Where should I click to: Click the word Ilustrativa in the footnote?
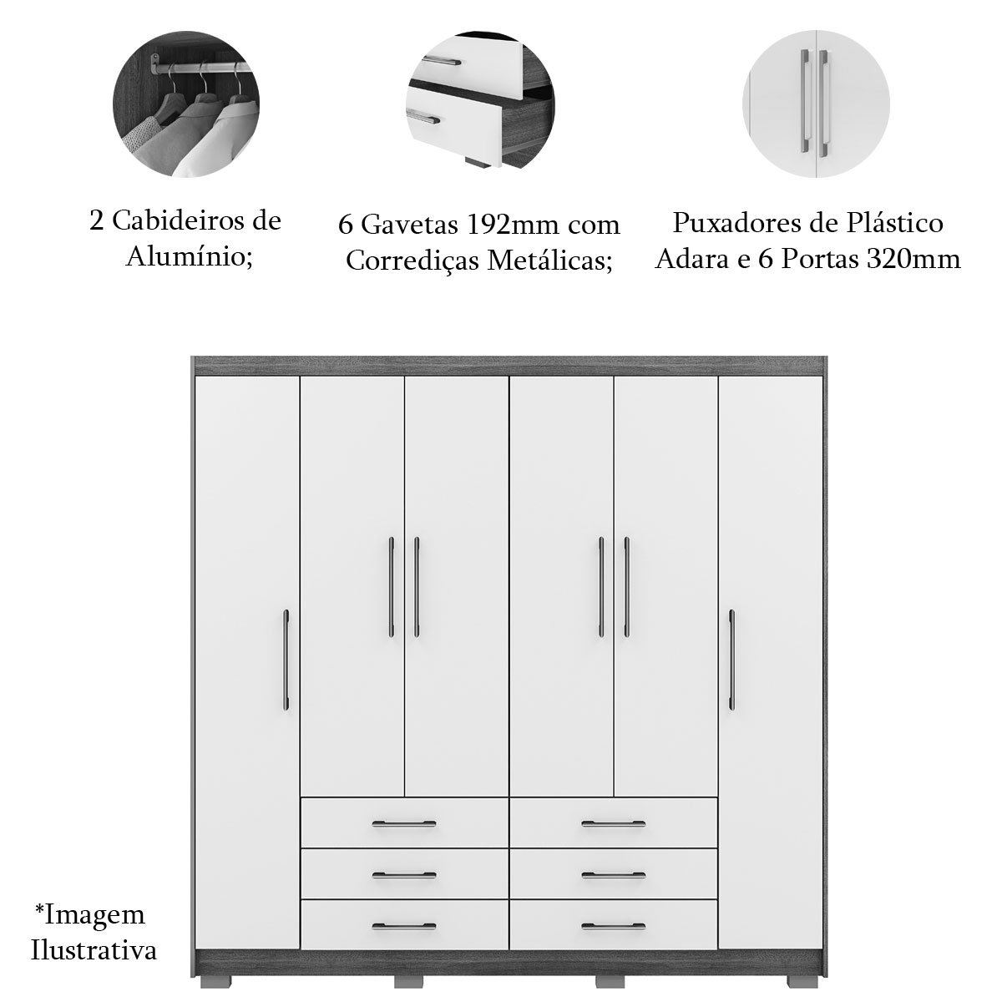tap(94, 950)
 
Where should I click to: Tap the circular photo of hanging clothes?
tap(186, 104)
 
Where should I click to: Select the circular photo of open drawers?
tap(480, 104)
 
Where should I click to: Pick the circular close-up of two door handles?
tap(816, 104)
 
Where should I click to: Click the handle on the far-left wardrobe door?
tap(286, 660)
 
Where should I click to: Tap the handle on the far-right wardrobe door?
tap(731, 660)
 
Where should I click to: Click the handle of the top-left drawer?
tap(404, 824)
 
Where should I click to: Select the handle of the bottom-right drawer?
tap(614, 926)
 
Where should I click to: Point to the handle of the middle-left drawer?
tap(404, 876)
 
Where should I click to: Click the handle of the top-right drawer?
tap(614, 824)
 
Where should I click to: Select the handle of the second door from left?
tap(392, 587)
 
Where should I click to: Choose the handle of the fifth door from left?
tap(626, 587)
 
